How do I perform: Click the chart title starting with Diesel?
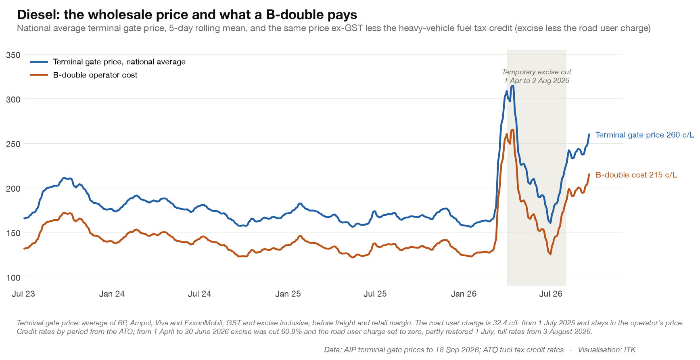(x=187, y=15)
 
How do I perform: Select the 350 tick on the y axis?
(x=13, y=55)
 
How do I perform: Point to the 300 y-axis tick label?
(x=13, y=99)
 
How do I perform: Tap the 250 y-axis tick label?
(x=13, y=144)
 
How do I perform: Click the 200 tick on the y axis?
(x=13, y=188)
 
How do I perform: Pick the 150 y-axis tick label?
(x=13, y=233)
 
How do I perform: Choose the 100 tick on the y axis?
(x=13, y=278)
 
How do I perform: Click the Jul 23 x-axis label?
(x=23, y=294)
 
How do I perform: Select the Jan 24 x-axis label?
(x=112, y=294)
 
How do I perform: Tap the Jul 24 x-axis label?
(x=199, y=294)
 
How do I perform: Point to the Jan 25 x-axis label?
(x=288, y=294)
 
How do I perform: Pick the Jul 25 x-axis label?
(x=375, y=294)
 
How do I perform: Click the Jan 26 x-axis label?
(x=464, y=294)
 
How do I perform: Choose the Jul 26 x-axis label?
(x=551, y=294)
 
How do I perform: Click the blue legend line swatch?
(x=39, y=62)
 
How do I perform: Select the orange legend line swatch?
(x=39, y=75)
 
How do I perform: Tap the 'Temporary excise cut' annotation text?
(x=537, y=72)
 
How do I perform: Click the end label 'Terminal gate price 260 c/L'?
(x=645, y=135)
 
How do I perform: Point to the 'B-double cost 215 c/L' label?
(x=636, y=175)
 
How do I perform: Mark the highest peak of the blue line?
(x=512, y=86)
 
